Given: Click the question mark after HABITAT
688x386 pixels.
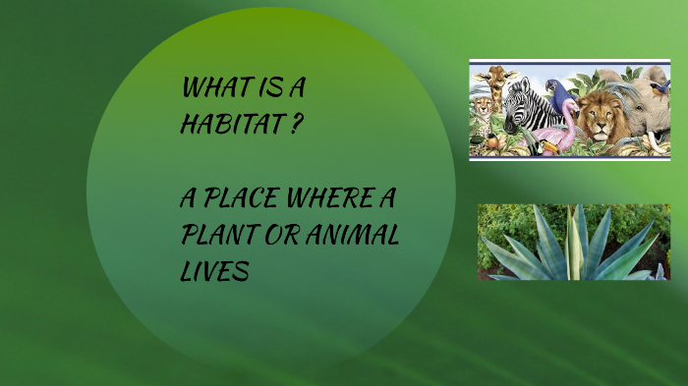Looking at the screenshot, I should [294, 125].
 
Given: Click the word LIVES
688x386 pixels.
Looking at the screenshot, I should [213, 272].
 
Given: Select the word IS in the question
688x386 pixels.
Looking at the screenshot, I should [270, 86].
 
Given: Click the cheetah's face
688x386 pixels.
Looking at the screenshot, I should [483, 107].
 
